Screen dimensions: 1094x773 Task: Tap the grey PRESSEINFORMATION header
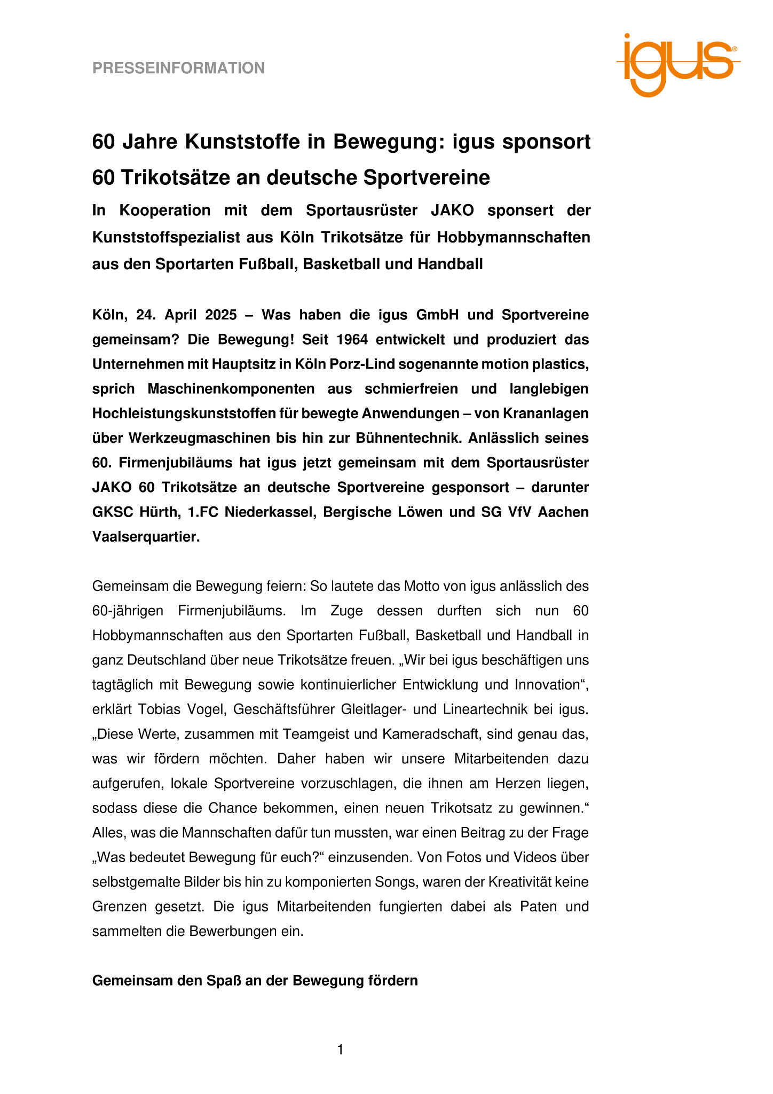pos(178,68)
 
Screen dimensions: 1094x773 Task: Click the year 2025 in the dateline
pos(221,315)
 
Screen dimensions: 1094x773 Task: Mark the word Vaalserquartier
pos(146,537)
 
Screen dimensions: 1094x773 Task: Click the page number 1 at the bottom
pos(340,1050)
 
